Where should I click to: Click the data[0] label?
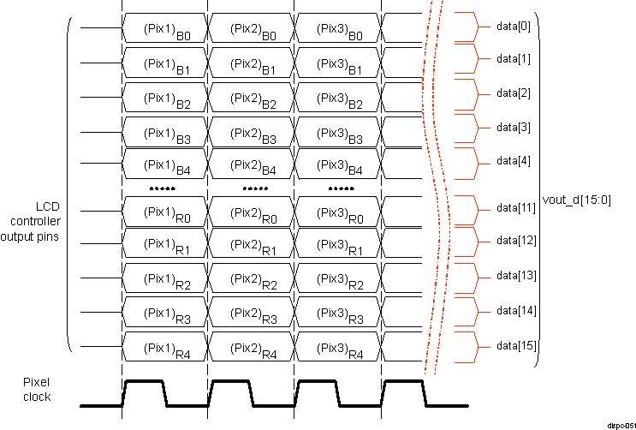[x=514, y=27]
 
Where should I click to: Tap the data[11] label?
[x=516, y=208]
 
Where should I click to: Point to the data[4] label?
[x=514, y=160]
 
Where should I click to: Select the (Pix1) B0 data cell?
[x=165, y=29]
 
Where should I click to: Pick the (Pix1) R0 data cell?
[x=165, y=212]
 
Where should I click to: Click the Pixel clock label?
[x=37, y=391]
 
